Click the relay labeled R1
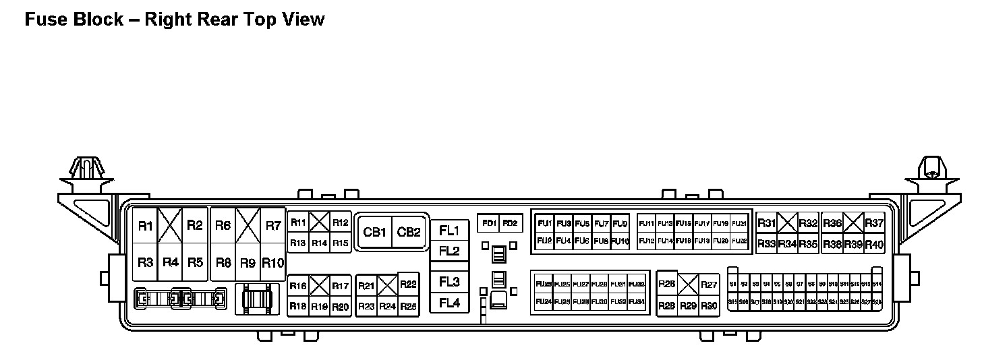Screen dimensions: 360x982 145,226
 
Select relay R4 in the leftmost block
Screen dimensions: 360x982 170,262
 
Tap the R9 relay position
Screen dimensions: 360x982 248,263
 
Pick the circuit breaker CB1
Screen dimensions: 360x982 374,233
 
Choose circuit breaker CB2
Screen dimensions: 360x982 409,233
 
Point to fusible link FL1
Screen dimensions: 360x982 449,231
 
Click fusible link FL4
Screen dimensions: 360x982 449,303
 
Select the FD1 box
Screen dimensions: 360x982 488,223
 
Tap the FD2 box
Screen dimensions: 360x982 510,223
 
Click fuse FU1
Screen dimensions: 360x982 544,224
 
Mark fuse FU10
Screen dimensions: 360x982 620,241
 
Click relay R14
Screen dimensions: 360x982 319,243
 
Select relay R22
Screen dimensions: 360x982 408,284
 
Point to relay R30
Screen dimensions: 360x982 709,306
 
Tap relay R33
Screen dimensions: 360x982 766,244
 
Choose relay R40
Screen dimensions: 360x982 874,244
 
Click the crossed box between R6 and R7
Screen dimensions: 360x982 248,226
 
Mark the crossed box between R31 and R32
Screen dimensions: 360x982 787,223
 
